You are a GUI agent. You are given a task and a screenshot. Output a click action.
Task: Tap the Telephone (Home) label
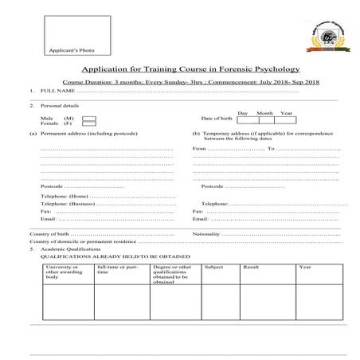(64, 196)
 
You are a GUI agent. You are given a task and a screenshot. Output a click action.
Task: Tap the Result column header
(251, 267)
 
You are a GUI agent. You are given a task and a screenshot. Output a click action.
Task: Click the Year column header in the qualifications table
(304, 267)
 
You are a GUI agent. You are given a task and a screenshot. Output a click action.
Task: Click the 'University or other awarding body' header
(64, 272)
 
